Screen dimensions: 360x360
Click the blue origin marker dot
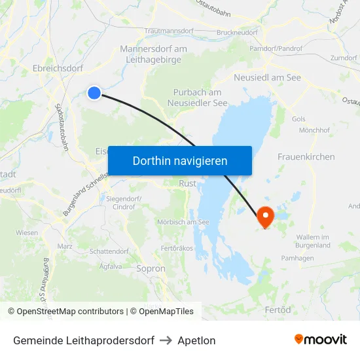coord(94,93)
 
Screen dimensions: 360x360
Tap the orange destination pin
coord(265,217)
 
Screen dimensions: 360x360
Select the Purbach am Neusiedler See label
coord(200,98)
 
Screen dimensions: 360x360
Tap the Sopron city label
coord(151,268)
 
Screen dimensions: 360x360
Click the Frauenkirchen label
coord(306,157)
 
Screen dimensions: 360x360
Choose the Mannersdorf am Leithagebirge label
coord(154,54)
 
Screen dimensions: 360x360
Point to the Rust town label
coord(188,184)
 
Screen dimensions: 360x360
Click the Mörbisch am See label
coord(183,223)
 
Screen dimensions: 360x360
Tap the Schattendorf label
coord(109,251)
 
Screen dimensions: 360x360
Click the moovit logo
coord(321,340)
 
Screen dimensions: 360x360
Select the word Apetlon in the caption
coord(196,340)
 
